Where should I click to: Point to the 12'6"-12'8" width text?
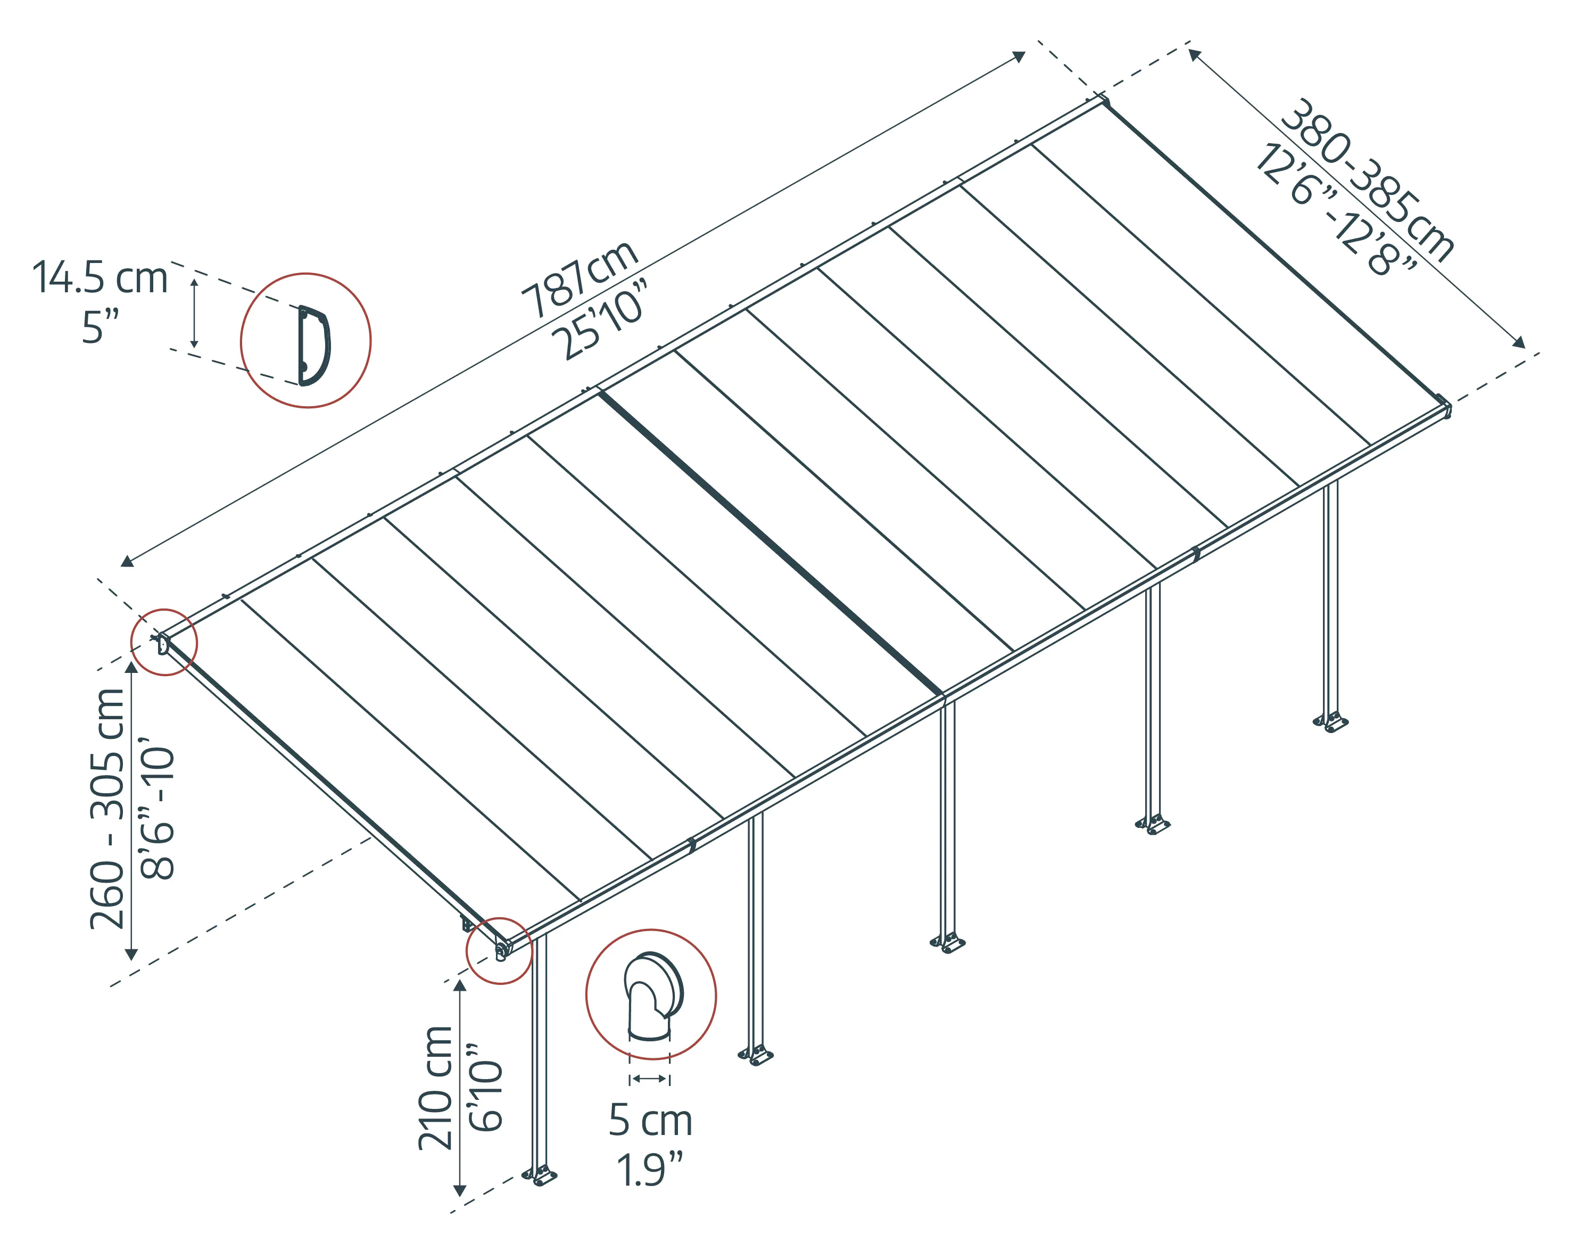[1334, 211]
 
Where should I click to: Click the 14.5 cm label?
[100, 278]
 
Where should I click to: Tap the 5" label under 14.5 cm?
[100, 327]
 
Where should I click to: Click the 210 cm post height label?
[435, 1087]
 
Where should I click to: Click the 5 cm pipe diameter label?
[650, 1120]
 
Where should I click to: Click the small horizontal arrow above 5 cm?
[649, 1079]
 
